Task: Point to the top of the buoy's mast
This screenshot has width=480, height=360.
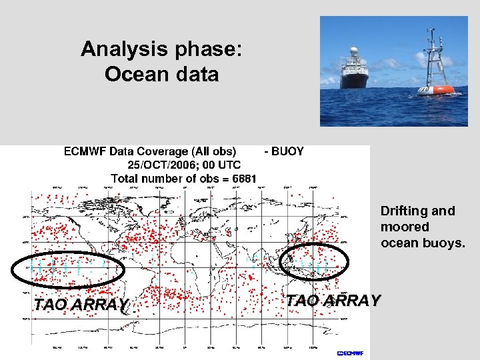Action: pos(432,31)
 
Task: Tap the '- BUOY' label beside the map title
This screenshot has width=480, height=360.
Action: pos(284,151)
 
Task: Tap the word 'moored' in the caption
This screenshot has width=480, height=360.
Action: pos(405,227)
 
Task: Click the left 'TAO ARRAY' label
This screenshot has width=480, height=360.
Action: pos(81,305)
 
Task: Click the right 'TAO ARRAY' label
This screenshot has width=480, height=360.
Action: pos(333,301)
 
